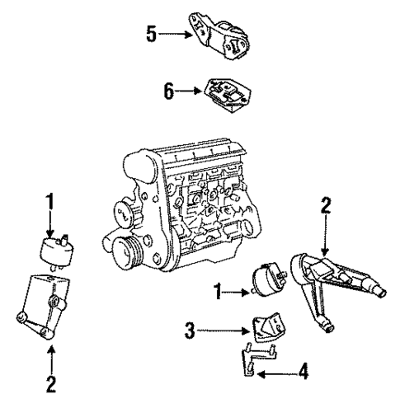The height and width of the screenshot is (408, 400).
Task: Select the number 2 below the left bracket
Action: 51,384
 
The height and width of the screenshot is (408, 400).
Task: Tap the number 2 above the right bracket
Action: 326,206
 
